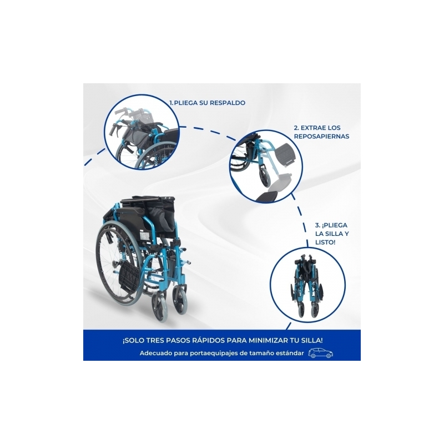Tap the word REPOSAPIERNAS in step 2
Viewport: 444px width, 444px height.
coord(321,136)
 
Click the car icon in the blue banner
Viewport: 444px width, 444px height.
coord(321,353)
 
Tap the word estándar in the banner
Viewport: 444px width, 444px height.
coord(291,353)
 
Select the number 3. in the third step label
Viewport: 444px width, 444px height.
coord(317,225)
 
